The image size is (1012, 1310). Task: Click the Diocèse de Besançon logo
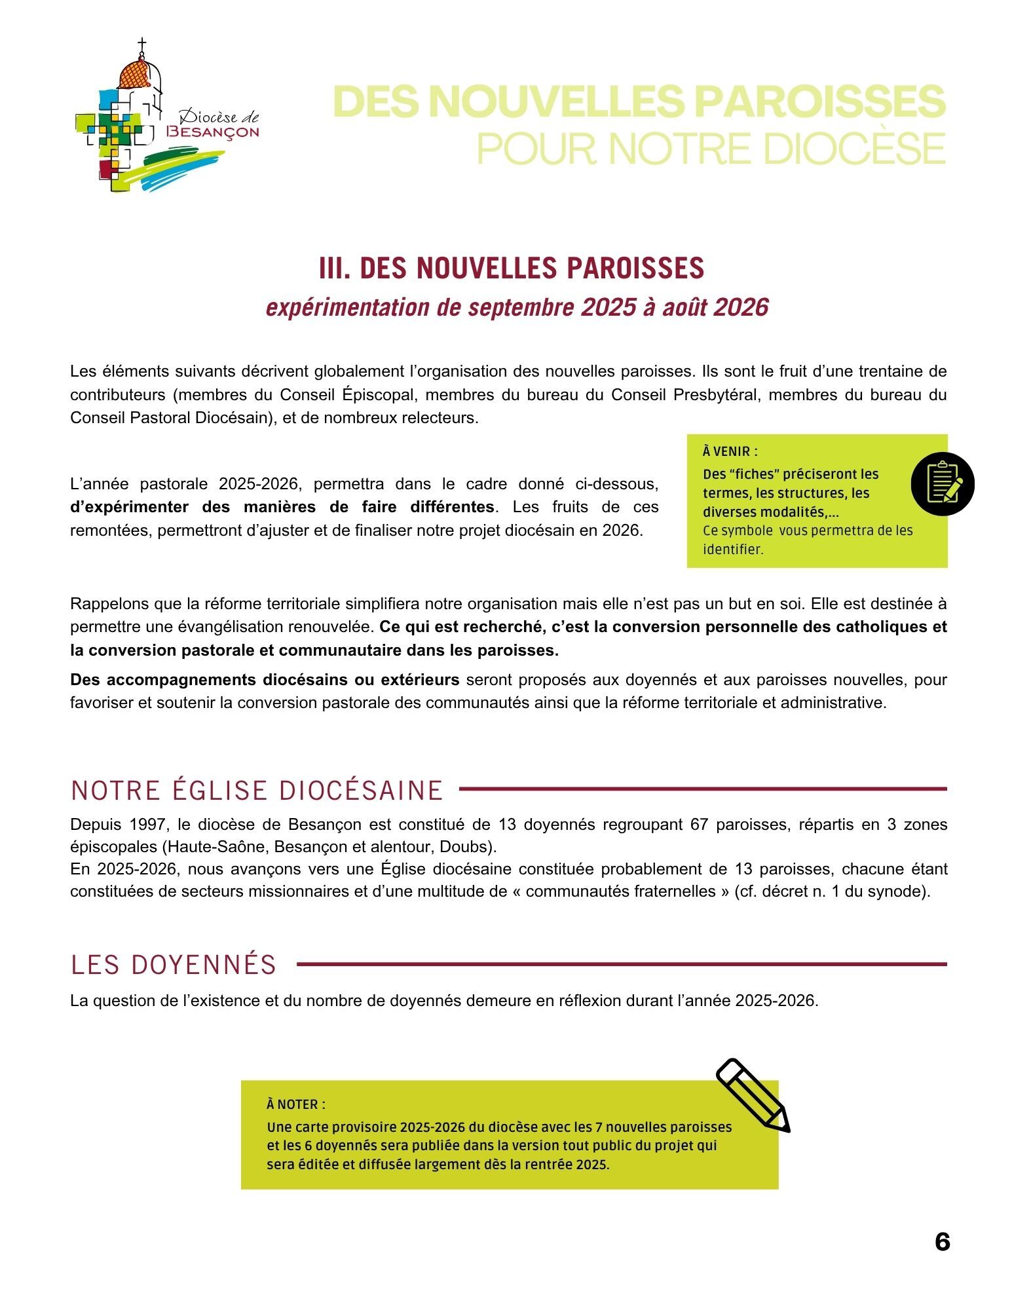(x=167, y=118)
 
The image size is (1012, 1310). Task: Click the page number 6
(x=942, y=1242)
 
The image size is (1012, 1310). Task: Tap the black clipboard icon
(x=943, y=483)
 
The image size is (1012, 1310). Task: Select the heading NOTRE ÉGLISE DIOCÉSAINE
(x=257, y=791)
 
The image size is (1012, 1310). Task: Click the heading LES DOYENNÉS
(x=174, y=965)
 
